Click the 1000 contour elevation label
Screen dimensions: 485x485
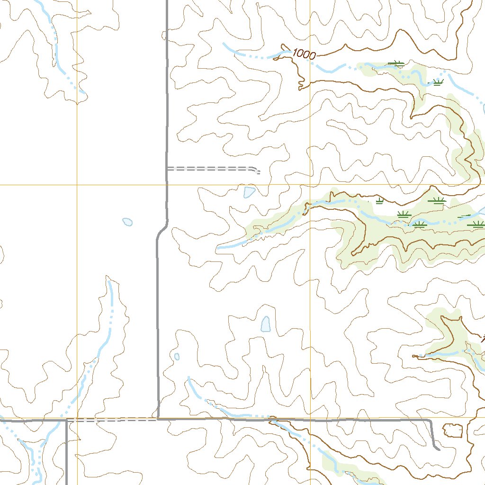[304, 54]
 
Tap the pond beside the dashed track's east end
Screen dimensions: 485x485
[249, 192]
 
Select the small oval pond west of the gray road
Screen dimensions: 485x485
[127, 222]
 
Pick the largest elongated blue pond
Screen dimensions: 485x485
[266, 324]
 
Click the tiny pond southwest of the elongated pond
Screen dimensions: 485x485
[177, 357]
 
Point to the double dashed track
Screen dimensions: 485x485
[211, 168]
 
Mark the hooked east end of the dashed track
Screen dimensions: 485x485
[257, 171]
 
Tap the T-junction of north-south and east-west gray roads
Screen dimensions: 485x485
[157, 419]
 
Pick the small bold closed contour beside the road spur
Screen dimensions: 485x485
[452, 430]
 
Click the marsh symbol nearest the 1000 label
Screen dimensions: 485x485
[396, 63]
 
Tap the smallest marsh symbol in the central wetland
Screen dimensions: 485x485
[379, 202]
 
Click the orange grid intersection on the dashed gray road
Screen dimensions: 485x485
[77, 420]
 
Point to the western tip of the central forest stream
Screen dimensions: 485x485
[218, 248]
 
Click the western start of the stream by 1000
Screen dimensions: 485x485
[224, 44]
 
